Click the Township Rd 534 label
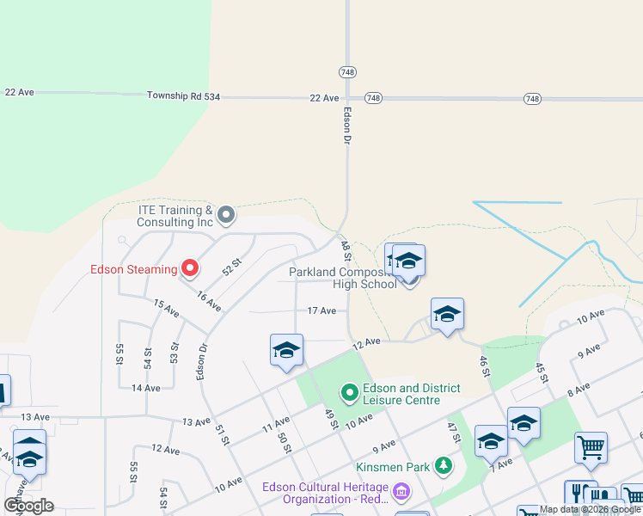[183, 97]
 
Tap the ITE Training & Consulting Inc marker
[226, 214]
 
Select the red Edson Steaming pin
[189, 268]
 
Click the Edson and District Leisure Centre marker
[349, 394]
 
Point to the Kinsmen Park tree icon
[443, 465]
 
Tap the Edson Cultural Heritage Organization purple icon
[401, 492]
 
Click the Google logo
[28, 506]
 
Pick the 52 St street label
[230, 268]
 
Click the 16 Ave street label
[208, 302]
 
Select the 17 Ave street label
[321, 310]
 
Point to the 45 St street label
[541, 372]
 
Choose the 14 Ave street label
[146, 388]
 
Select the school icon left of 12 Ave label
[286, 351]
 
